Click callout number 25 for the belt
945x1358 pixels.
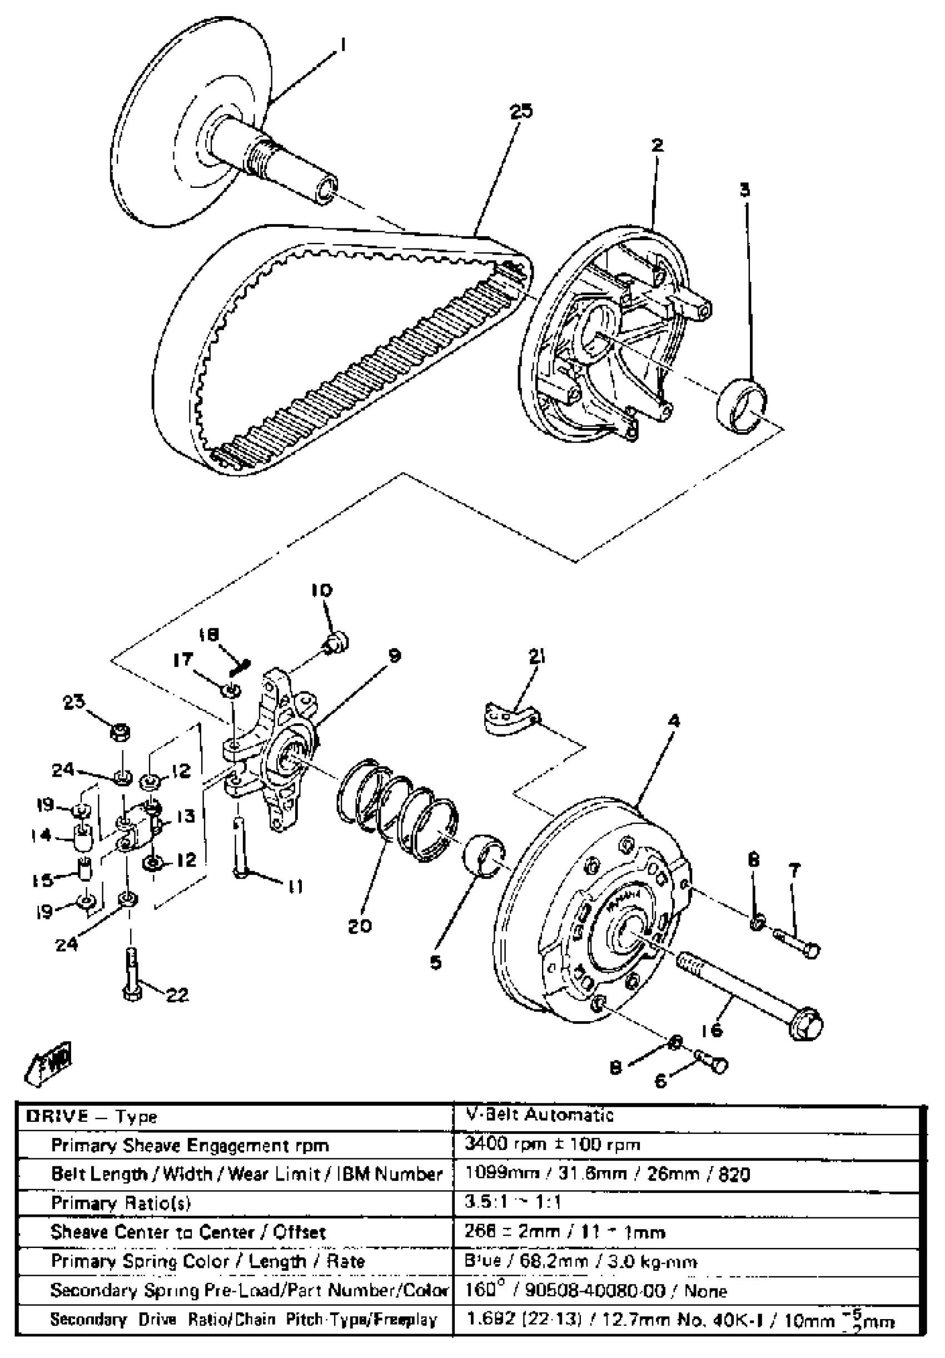(x=520, y=111)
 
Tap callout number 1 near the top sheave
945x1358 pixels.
(x=342, y=45)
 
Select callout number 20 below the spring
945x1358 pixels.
(x=360, y=924)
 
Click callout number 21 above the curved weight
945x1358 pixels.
(x=537, y=657)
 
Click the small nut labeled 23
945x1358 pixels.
(x=120, y=733)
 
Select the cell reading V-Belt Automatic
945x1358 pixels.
(x=540, y=1116)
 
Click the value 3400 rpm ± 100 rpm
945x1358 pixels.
(x=553, y=1145)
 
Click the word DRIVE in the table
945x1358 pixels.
(x=57, y=1116)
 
